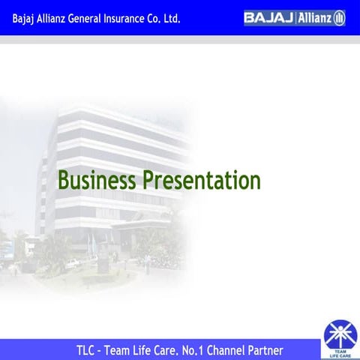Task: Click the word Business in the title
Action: [x=97, y=181]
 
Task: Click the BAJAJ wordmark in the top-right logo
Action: [x=268, y=17]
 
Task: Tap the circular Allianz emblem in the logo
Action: [x=339, y=17]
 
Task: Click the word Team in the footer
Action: [x=121, y=350]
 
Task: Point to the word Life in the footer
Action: [x=150, y=350]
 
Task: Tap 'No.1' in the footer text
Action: [x=210, y=350]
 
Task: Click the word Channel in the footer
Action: [x=246, y=350]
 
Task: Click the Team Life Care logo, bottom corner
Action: [x=340, y=339]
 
